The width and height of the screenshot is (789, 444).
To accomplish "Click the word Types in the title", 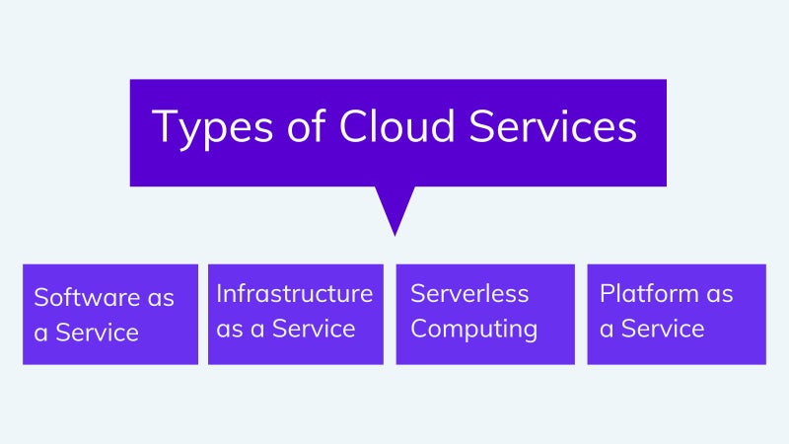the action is (212, 128).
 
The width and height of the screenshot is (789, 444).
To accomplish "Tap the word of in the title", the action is (306, 125).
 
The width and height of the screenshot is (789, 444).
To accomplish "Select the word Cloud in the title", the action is (397, 125).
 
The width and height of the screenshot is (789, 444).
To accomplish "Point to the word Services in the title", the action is (553, 125).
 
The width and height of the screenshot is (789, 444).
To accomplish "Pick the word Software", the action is (87, 297).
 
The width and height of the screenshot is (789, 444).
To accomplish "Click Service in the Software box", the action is (97, 333).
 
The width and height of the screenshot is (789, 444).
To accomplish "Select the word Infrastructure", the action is (294, 293).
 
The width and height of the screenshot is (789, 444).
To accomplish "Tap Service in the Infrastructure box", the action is (314, 329).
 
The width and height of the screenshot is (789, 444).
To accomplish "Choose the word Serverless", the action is (469, 293).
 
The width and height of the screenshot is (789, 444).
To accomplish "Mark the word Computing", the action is (474, 330).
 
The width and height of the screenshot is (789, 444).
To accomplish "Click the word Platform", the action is (649, 293).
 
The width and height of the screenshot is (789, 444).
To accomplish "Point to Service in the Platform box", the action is (663, 329).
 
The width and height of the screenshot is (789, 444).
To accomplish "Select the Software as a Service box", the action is (110, 314).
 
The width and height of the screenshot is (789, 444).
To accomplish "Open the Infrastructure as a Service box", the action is (296, 314).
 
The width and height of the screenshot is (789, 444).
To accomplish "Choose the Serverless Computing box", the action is (485, 314).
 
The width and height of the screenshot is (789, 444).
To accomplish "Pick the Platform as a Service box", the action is (677, 314).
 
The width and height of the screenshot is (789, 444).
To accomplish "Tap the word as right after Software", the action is (161, 299).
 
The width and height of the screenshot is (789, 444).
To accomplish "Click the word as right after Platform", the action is (720, 295).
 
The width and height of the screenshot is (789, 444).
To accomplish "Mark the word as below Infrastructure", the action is (230, 331).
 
